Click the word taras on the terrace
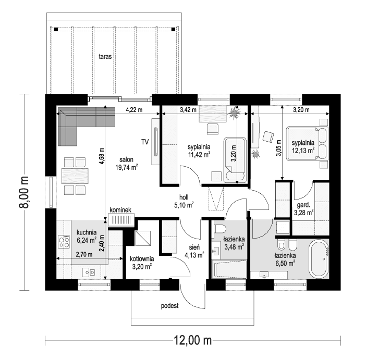tap(106, 56)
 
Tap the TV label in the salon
tap(145, 141)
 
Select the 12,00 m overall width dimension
tap(192, 341)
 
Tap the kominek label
tap(123, 210)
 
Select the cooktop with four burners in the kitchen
tap(64, 242)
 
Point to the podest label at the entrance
tap(170, 306)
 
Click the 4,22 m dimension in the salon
tap(135, 110)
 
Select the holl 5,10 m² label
tap(184, 201)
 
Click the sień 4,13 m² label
tap(193, 252)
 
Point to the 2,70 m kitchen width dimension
tap(83, 255)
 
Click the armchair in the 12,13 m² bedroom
tap(269, 136)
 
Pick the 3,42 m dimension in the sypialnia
tap(188, 110)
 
